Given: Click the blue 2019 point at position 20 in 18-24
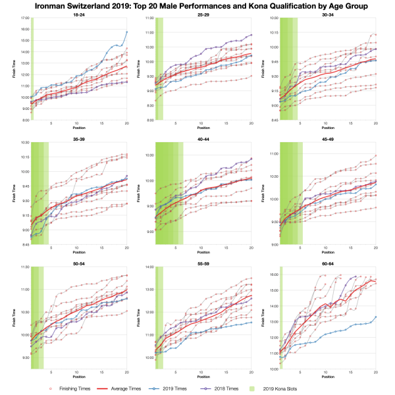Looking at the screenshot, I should point(127,32).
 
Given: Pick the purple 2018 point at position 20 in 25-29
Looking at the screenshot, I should point(251,35).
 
